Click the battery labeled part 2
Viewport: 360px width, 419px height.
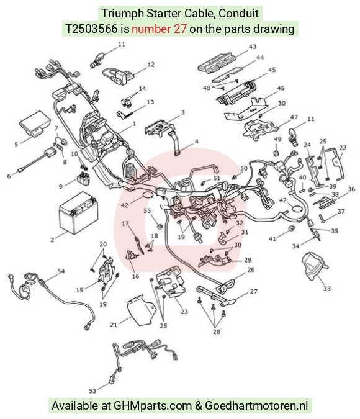tap(78, 213)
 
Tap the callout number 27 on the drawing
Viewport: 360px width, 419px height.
tap(254, 291)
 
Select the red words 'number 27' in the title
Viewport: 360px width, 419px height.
tap(159, 29)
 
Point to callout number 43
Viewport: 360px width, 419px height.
tap(253, 47)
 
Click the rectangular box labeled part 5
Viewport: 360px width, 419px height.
tap(35, 124)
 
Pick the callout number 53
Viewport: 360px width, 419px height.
tap(92, 391)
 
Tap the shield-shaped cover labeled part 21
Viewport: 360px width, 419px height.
tap(142, 310)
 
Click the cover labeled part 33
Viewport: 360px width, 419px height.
tap(314, 266)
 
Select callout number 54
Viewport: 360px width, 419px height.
tap(61, 271)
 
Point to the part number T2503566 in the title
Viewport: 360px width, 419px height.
tap(92, 29)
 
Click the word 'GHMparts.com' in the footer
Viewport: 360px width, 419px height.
tap(153, 405)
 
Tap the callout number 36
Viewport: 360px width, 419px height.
tap(351, 189)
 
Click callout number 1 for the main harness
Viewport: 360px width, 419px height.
tap(134, 124)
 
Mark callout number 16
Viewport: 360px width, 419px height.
tap(135, 276)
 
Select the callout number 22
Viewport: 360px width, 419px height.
tap(343, 148)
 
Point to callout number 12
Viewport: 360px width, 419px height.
tap(151, 65)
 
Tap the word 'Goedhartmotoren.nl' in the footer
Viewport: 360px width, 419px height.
tap(256, 405)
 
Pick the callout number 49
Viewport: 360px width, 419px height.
tap(277, 139)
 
